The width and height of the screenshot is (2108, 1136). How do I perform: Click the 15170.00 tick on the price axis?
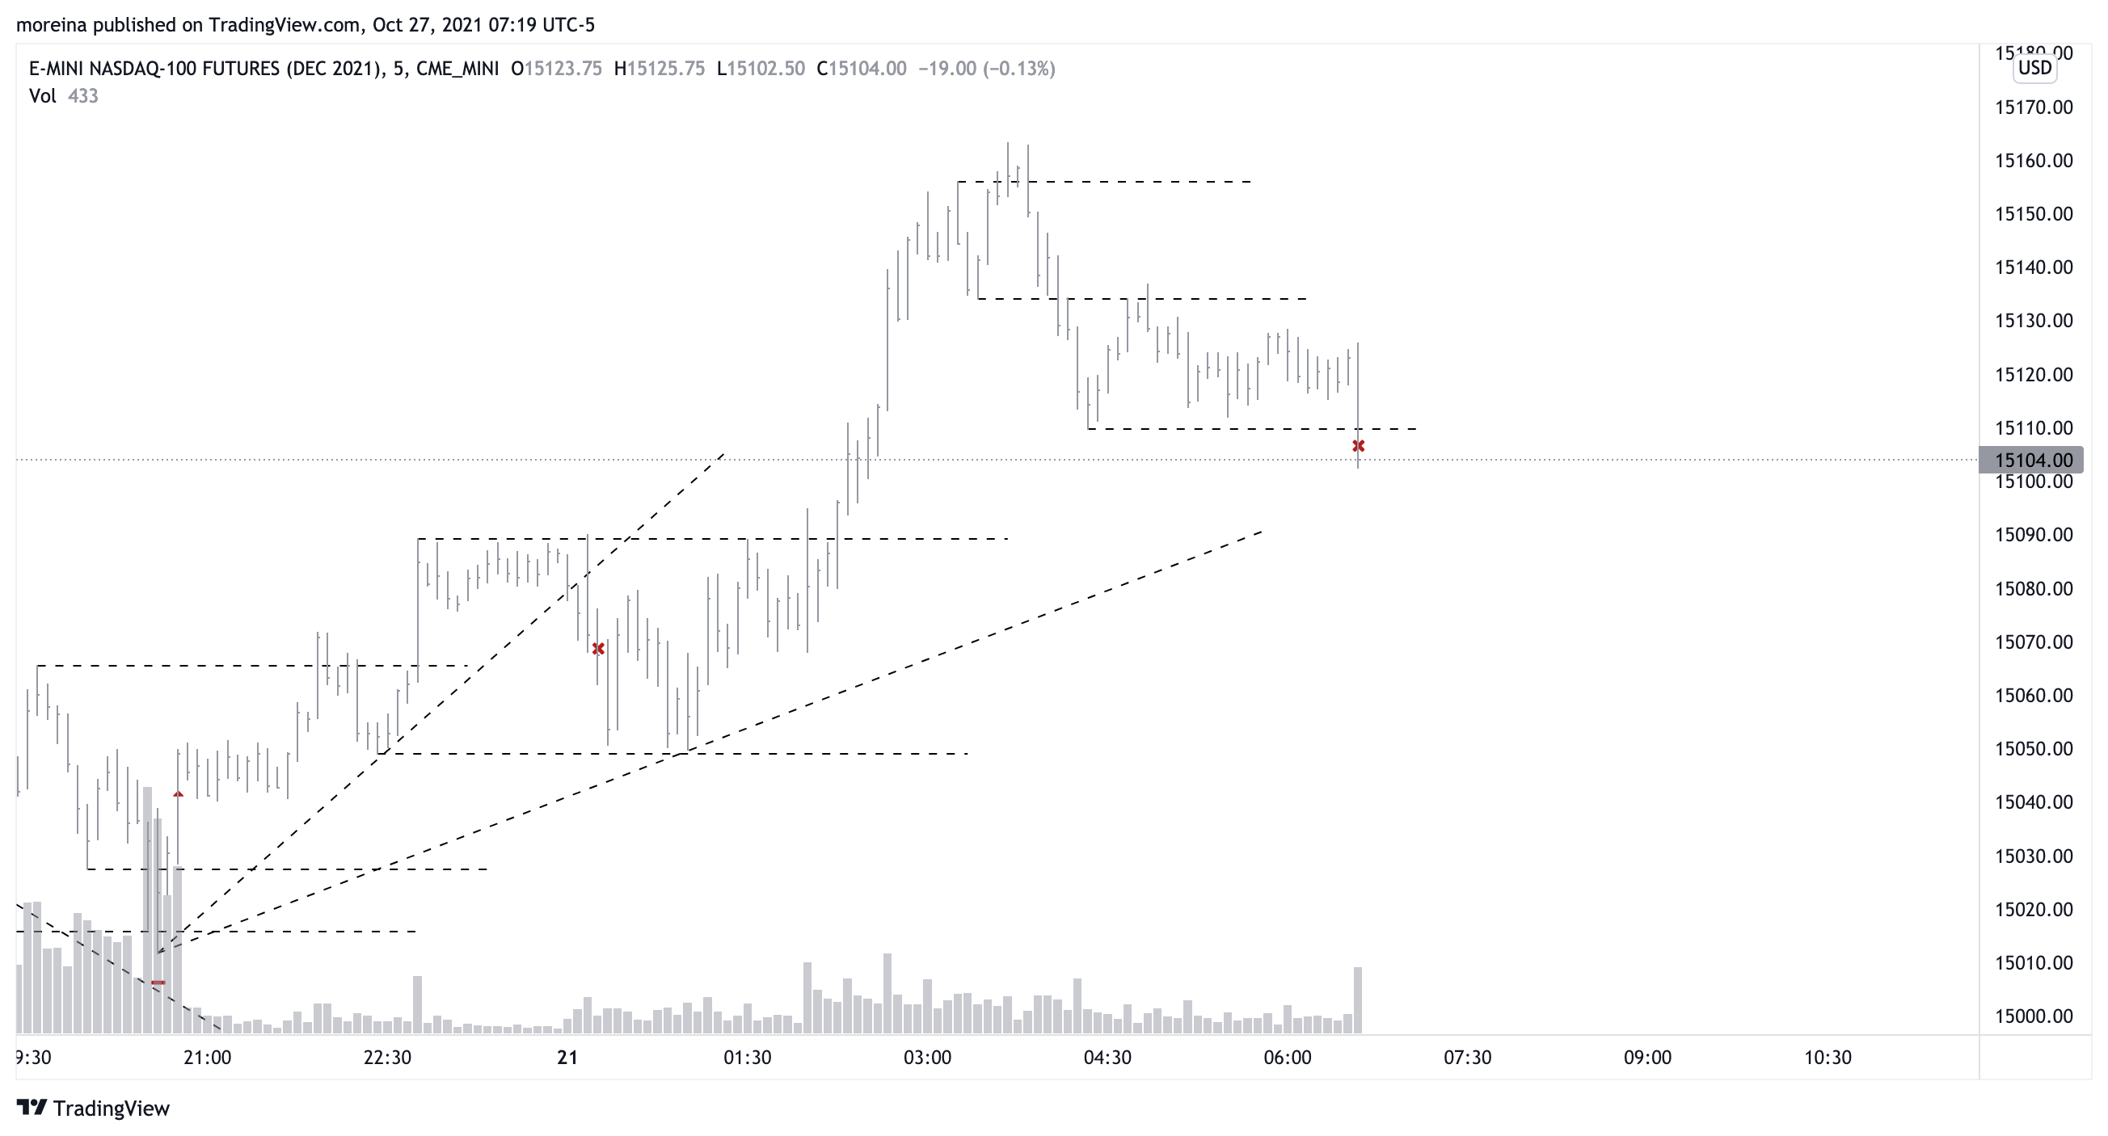[2034, 107]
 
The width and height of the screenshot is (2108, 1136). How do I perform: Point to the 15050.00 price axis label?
[2034, 749]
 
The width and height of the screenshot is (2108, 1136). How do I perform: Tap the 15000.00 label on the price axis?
[2034, 1016]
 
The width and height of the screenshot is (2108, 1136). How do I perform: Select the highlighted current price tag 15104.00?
[2030, 461]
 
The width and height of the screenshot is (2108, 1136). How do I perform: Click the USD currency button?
[2034, 68]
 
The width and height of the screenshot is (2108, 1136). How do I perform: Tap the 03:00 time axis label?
[927, 1058]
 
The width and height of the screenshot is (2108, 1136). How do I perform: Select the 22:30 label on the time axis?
[387, 1058]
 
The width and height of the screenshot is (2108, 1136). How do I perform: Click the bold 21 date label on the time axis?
[567, 1058]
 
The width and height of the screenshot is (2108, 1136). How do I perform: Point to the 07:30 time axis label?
[1467, 1058]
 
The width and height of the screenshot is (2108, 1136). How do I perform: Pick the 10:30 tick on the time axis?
[1828, 1058]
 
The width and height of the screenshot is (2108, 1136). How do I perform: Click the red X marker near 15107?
[1359, 447]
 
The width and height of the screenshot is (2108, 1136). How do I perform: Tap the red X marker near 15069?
[598, 649]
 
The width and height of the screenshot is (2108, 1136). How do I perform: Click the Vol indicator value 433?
[82, 96]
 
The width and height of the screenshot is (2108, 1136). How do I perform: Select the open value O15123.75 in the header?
[556, 69]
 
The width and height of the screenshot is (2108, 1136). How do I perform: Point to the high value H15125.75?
[660, 69]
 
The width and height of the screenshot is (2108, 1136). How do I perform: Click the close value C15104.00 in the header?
[861, 69]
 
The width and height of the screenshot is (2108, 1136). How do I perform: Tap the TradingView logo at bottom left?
[93, 1109]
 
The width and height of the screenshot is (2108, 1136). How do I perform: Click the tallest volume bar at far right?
[1359, 999]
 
